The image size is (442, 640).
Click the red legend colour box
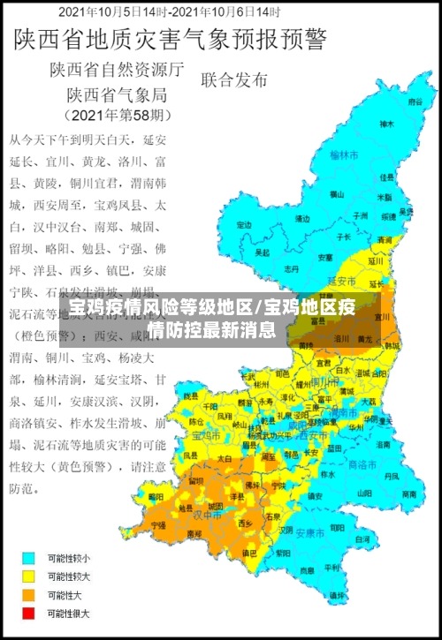30,613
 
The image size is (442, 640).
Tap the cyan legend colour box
30,558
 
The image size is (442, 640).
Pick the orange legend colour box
30,594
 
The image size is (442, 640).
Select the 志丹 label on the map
292,267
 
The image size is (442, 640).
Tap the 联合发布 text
234,79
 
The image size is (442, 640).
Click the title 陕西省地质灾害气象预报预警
167,40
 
